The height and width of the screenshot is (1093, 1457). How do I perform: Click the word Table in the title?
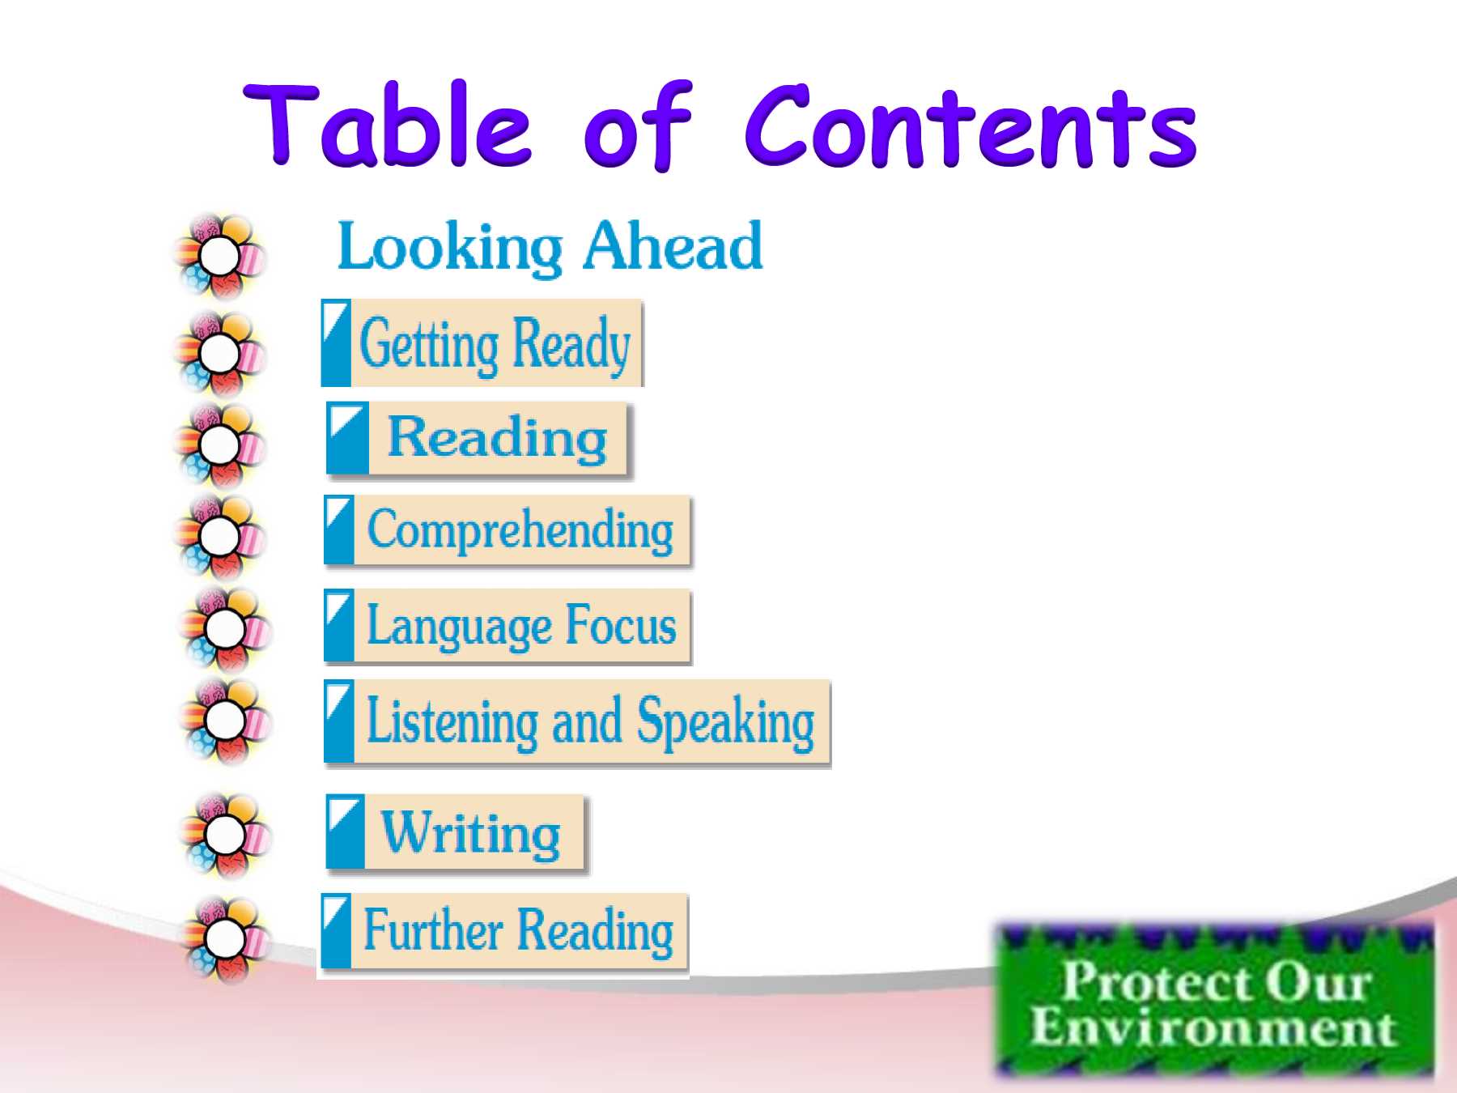click(x=387, y=125)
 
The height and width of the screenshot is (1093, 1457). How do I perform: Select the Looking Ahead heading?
click(x=550, y=246)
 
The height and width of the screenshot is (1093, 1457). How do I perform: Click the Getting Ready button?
click(x=482, y=343)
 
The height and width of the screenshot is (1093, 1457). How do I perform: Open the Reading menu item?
click(x=478, y=438)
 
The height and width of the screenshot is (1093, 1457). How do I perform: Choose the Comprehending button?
click(x=508, y=530)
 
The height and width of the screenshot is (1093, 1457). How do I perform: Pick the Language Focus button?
click(x=508, y=626)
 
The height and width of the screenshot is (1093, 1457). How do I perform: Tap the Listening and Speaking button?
click(x=577, y=722)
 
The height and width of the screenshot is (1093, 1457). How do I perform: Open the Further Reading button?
click(x=504, y=932)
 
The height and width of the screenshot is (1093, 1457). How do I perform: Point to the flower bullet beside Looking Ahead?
click(x=219, y=257)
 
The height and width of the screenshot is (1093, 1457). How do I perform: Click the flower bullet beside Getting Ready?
click(x=219, y=353)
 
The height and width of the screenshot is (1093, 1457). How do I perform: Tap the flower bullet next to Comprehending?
click(x=219, y=536)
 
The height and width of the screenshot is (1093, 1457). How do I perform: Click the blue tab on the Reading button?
click(x=348, y=438)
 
